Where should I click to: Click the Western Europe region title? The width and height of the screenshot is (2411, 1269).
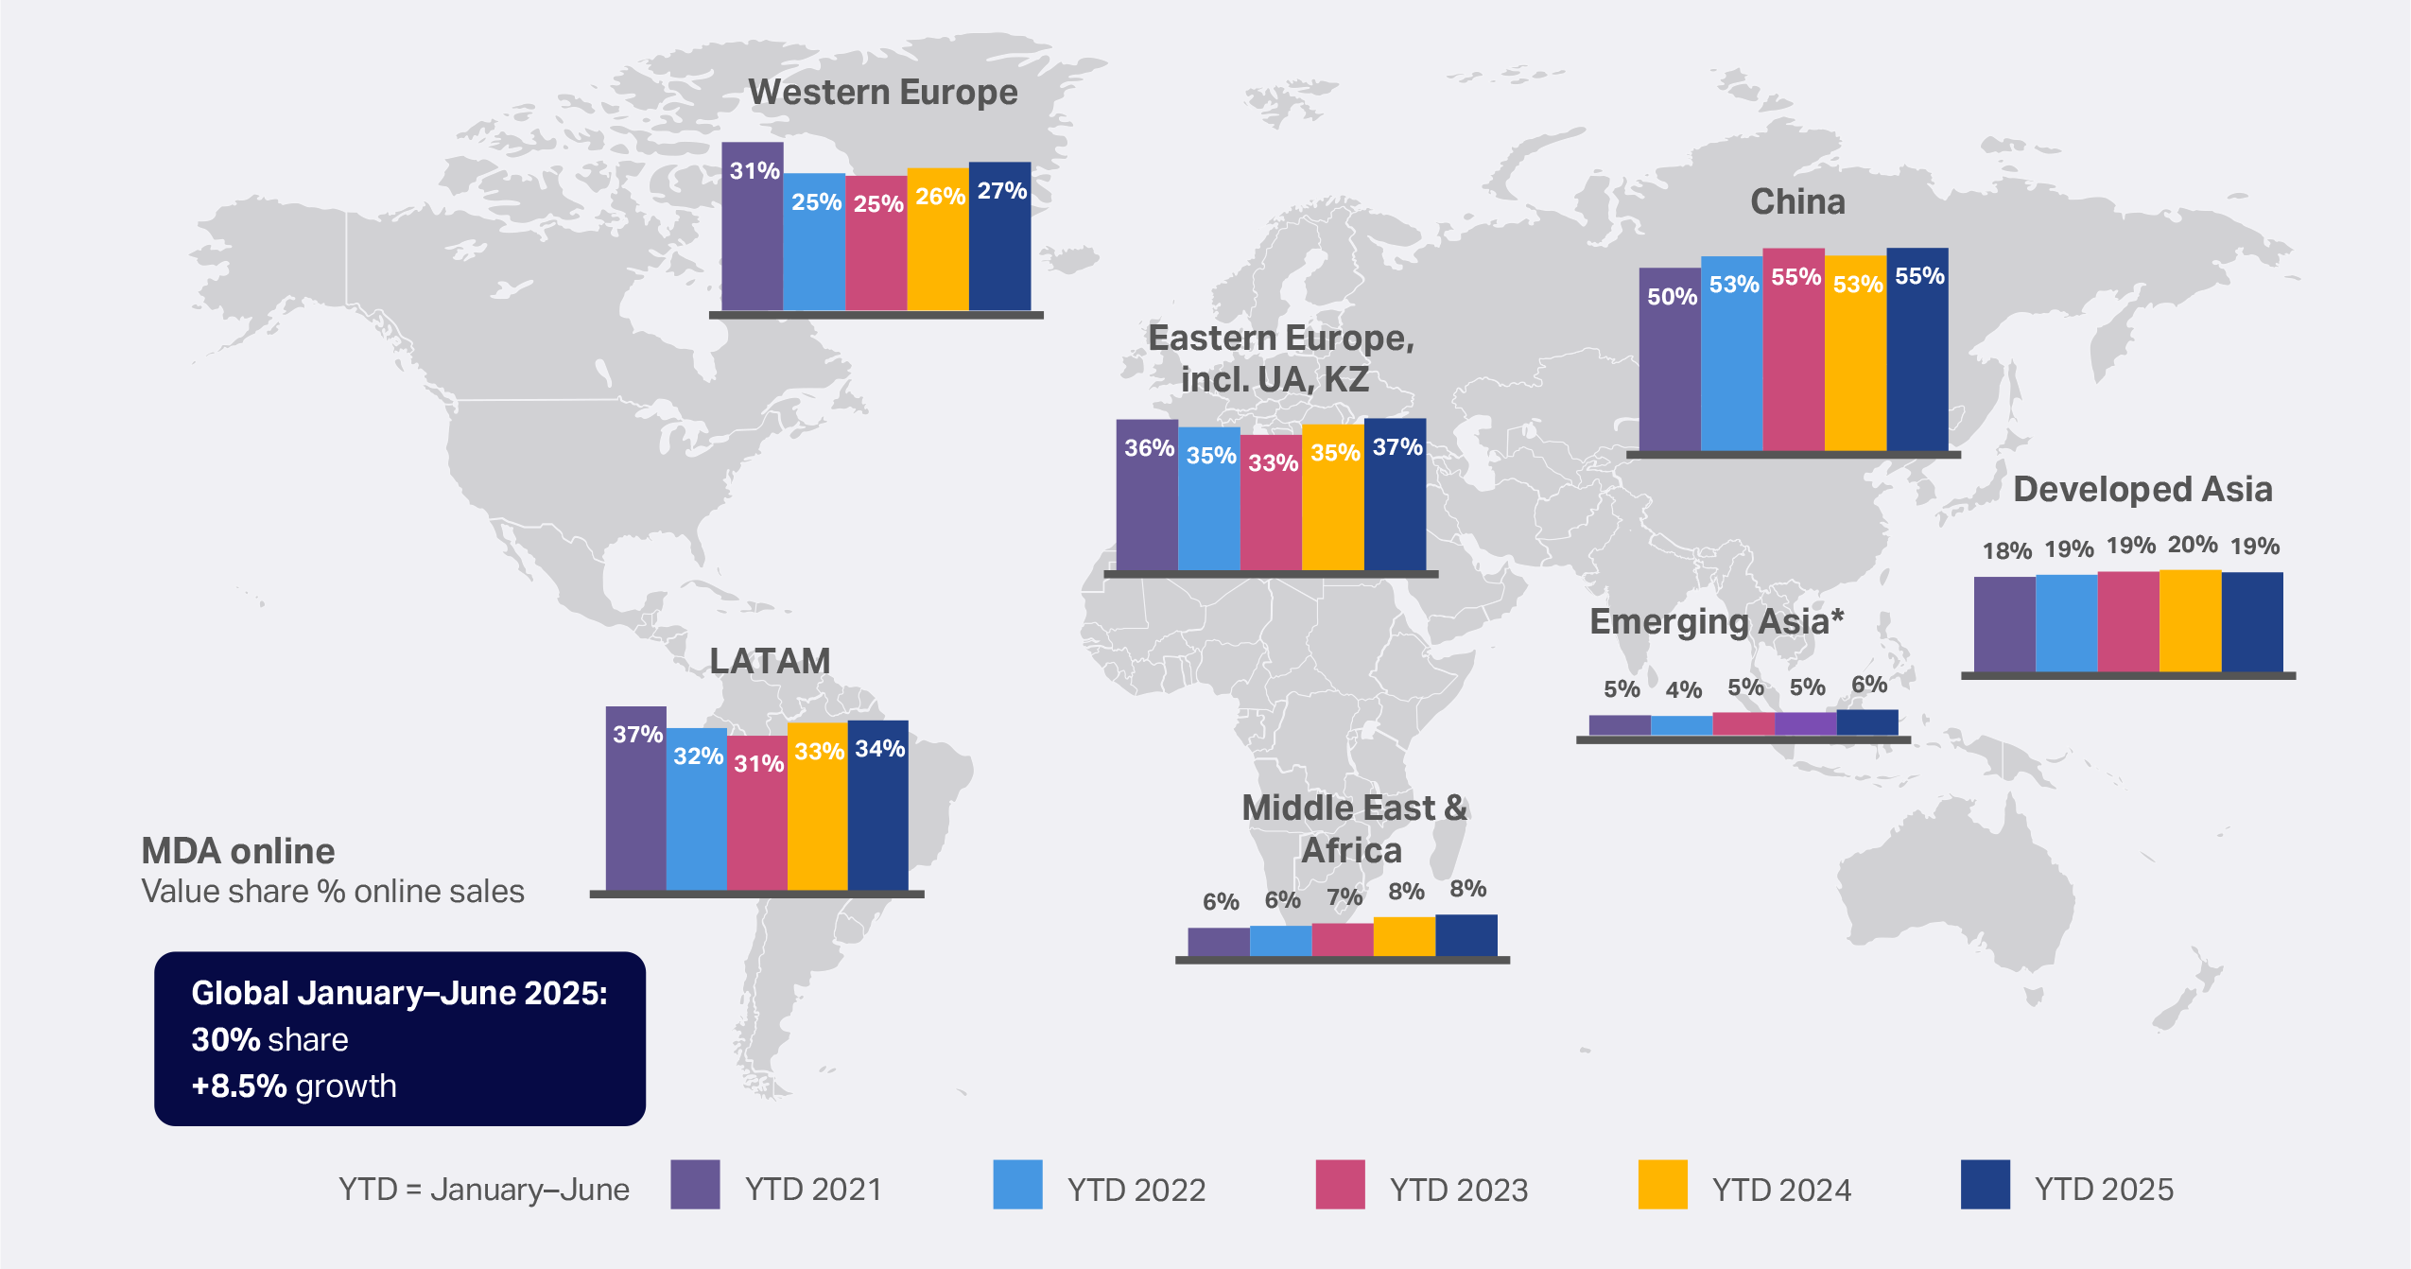(x=882, y=93)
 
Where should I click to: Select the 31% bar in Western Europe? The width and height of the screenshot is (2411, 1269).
(x=753, y=236)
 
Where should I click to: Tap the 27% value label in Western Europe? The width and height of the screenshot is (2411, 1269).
(x=1001, y=191)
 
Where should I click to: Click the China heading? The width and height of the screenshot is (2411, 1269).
(x=1797, y=201)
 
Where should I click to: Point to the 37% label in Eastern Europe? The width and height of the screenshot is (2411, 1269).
(x=1396, y=447)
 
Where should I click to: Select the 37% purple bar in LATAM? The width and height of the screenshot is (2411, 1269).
(x=635, y=804)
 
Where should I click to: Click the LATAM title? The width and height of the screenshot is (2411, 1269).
(x=770, y=661)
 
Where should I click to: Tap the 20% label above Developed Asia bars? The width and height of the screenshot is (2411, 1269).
(x=2192, y=545)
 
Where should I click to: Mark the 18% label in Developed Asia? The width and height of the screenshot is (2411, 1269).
(x=2006, y=550)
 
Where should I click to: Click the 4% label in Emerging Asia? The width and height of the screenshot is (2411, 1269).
(x=1683, y=689)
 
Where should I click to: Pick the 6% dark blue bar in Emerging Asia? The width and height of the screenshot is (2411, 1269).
(x=1867, y=722)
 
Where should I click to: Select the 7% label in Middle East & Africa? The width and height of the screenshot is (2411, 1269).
(x=1344, y=897)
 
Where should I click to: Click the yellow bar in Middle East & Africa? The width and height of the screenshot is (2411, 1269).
(x=1404, y=936)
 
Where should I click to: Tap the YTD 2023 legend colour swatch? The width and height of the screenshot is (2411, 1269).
(x=1340, y=1185)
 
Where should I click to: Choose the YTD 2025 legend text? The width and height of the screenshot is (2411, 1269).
(x=2104, y=1189)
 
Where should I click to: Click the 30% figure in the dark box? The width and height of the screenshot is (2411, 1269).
(x=225, y=1039)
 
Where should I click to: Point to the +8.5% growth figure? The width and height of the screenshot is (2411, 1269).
(x=238, y=1086)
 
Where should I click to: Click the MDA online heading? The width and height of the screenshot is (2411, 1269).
(x=237, y=851)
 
